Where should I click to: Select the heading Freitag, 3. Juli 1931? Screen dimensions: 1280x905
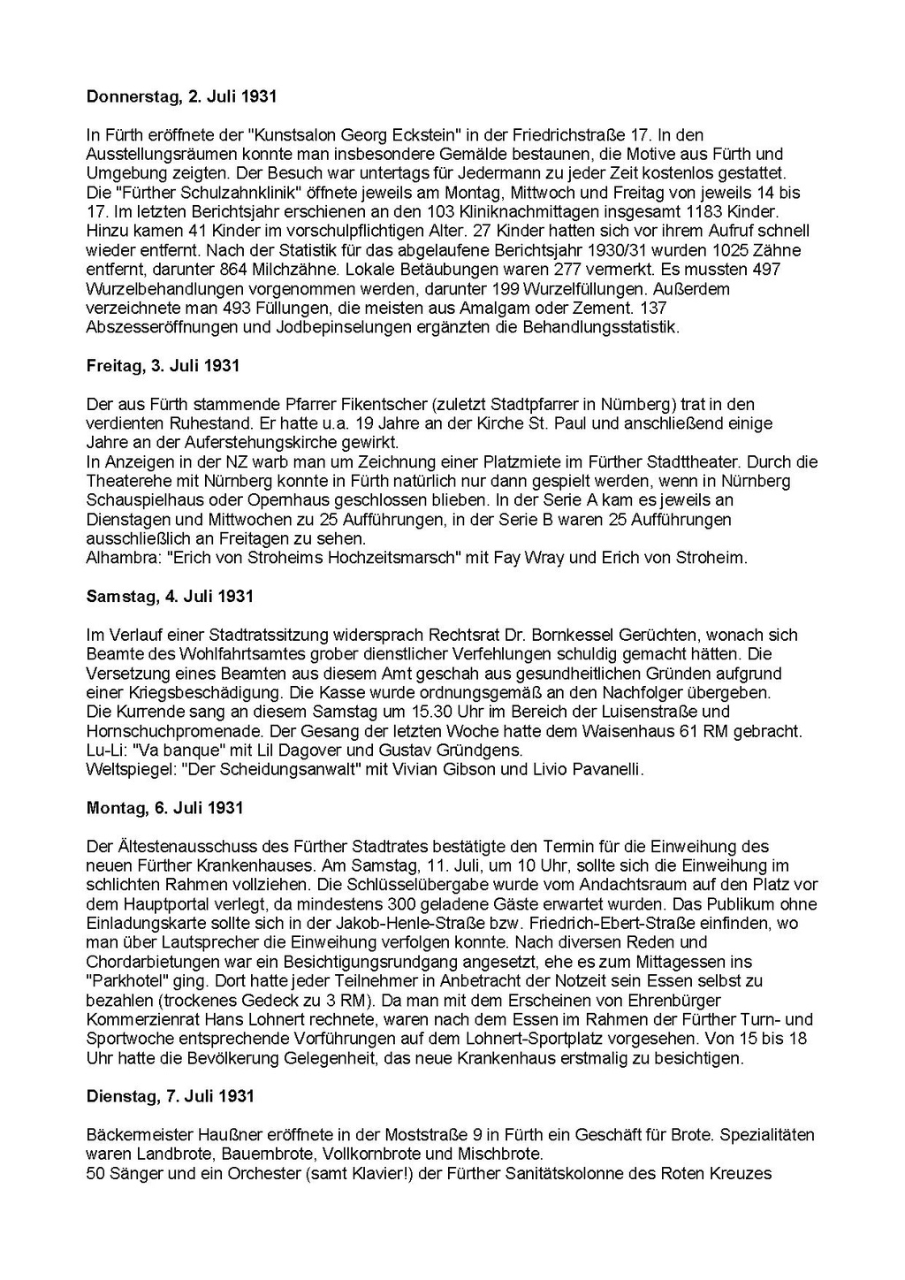[x=163, y=365]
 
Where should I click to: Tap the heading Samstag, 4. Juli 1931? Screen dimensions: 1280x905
[x=170, y=596]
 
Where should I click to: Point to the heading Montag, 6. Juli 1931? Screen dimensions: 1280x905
[x=164, y=807]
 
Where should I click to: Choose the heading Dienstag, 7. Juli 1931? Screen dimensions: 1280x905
[x=171, y=1096]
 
